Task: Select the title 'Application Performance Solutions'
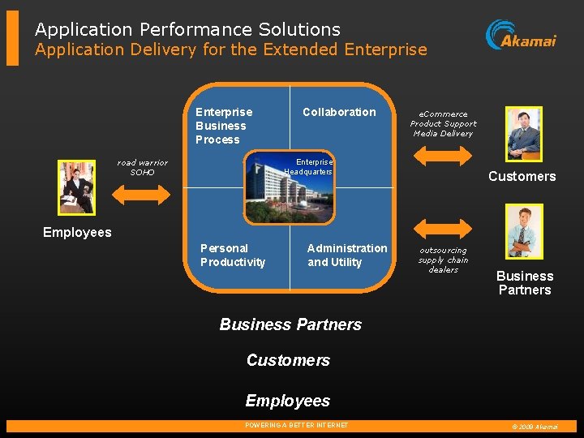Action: pyautogui.click(x=187, y=29)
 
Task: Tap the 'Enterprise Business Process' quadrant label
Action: pyautogui.click(x=224, y=126)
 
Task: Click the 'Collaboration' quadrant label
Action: pyautogui.click(x=339, y=112)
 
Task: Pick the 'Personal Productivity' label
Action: pyautogui.click(x=233, y=255)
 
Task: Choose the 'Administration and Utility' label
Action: pyautogui.click(x=347, y=255)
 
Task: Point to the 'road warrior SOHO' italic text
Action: pyautogui.click(x=142, y=167)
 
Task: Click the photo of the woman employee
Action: pyautogui.click(x=76, y=187)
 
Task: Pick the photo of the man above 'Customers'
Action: pyautogui.click(x=523, y=133)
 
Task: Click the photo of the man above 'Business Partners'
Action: pyautogui.click(x=523, y=230)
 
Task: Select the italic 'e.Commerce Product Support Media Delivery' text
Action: pyautogui.click(x=443, y=124)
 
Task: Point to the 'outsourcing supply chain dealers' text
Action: pyautogui.click(x=443, y=260)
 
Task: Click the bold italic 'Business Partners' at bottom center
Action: pyautogui.click(x=290, y=324)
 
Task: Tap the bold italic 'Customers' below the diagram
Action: pyautogui.click(x=288, y=360)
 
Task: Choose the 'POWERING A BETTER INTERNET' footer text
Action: pyautogui.click(x=296, y=426)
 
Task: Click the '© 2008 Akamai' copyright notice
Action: pyautogui.click(x=535, y=427)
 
